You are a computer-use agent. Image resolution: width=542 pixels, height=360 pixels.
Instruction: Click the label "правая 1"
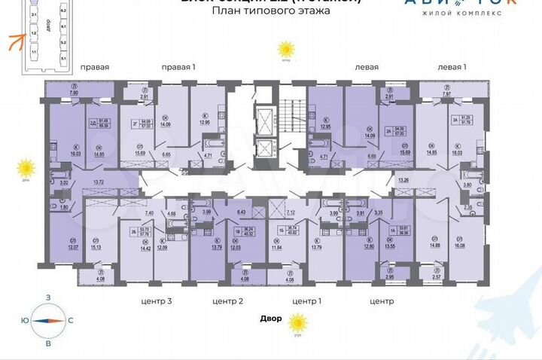[178, 67]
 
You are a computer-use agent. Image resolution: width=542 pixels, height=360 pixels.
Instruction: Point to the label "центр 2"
[228, 301]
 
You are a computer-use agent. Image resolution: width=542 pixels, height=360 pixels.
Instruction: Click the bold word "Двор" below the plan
[272, 318]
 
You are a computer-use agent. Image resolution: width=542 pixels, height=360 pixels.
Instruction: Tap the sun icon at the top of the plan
[285, 50]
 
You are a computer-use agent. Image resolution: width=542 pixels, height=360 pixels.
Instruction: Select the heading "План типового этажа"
[261, 12]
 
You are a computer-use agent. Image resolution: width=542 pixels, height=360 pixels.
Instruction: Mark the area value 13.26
[403, 180]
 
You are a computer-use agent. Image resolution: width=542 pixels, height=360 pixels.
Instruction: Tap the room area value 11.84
[275, 247]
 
